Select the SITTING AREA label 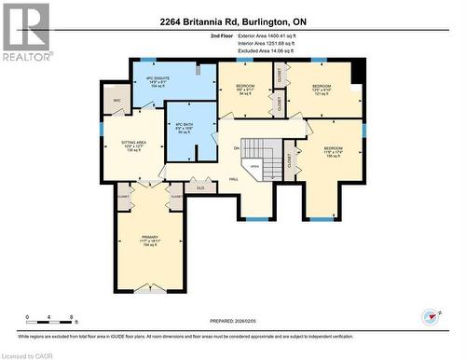[133, 144]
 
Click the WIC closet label [117, 100]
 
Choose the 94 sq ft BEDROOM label [244, 87]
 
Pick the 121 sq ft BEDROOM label [322, 88]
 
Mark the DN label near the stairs [237, 147]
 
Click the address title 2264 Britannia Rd [233, 21]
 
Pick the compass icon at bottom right [429, 315]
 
